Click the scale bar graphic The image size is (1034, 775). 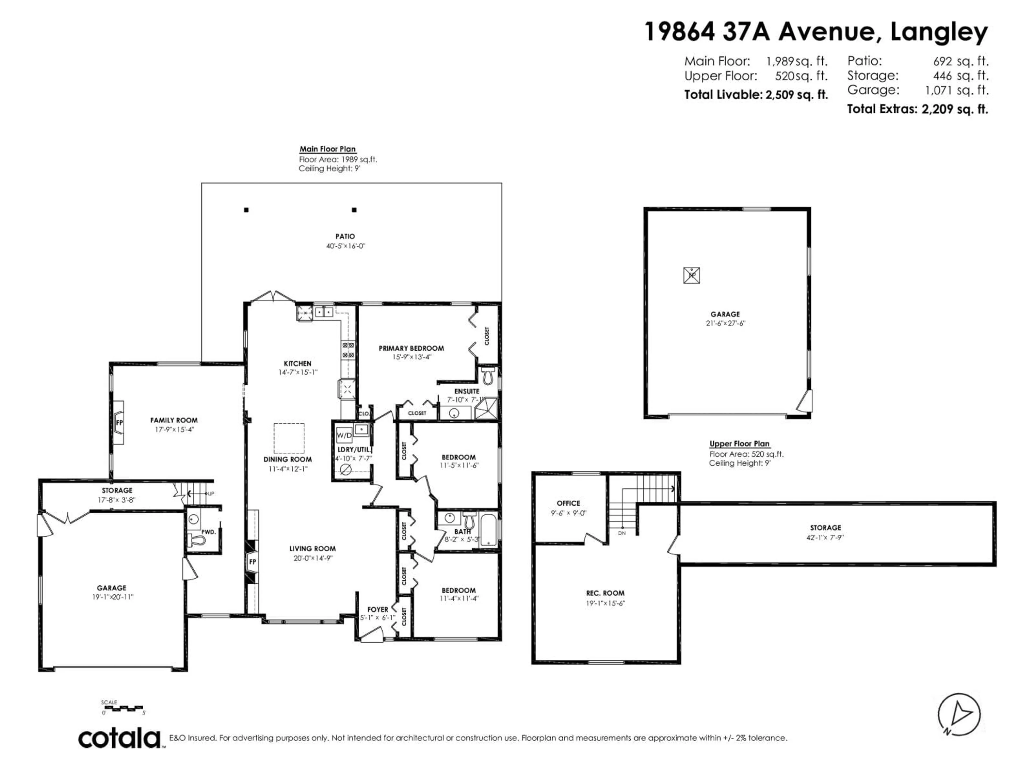[124, 708]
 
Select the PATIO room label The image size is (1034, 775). [345, 236]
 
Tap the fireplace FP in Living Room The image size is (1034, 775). [252, 562]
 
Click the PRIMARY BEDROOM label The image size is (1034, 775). [411, 348]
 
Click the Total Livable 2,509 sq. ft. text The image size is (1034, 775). [756, 95]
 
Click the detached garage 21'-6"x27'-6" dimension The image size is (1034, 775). [725, 323]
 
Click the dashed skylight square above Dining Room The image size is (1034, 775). [289, 438]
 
